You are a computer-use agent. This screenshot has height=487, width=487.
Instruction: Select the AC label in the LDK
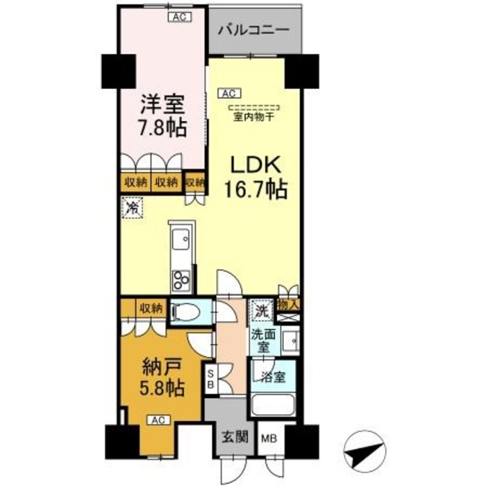coord(227,94)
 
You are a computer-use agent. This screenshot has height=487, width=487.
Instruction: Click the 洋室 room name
coord(161,103)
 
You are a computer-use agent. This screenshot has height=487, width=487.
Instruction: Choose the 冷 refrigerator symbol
coord(133,206)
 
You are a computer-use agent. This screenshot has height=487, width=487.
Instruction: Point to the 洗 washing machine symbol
coord(261,310)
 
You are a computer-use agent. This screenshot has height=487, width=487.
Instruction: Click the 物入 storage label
coord(289,304)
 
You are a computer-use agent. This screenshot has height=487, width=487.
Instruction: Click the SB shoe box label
coord(211,378)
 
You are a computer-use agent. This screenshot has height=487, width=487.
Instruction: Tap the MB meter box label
coord(269,438)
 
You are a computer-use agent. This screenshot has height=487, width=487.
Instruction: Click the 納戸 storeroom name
coord(161,367)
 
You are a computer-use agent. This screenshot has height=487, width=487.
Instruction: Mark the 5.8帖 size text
coord(161,388)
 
